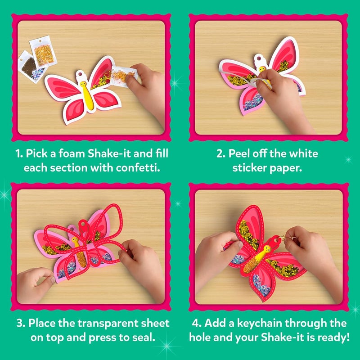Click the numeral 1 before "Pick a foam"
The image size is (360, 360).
18,154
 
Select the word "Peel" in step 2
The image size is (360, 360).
238,154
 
